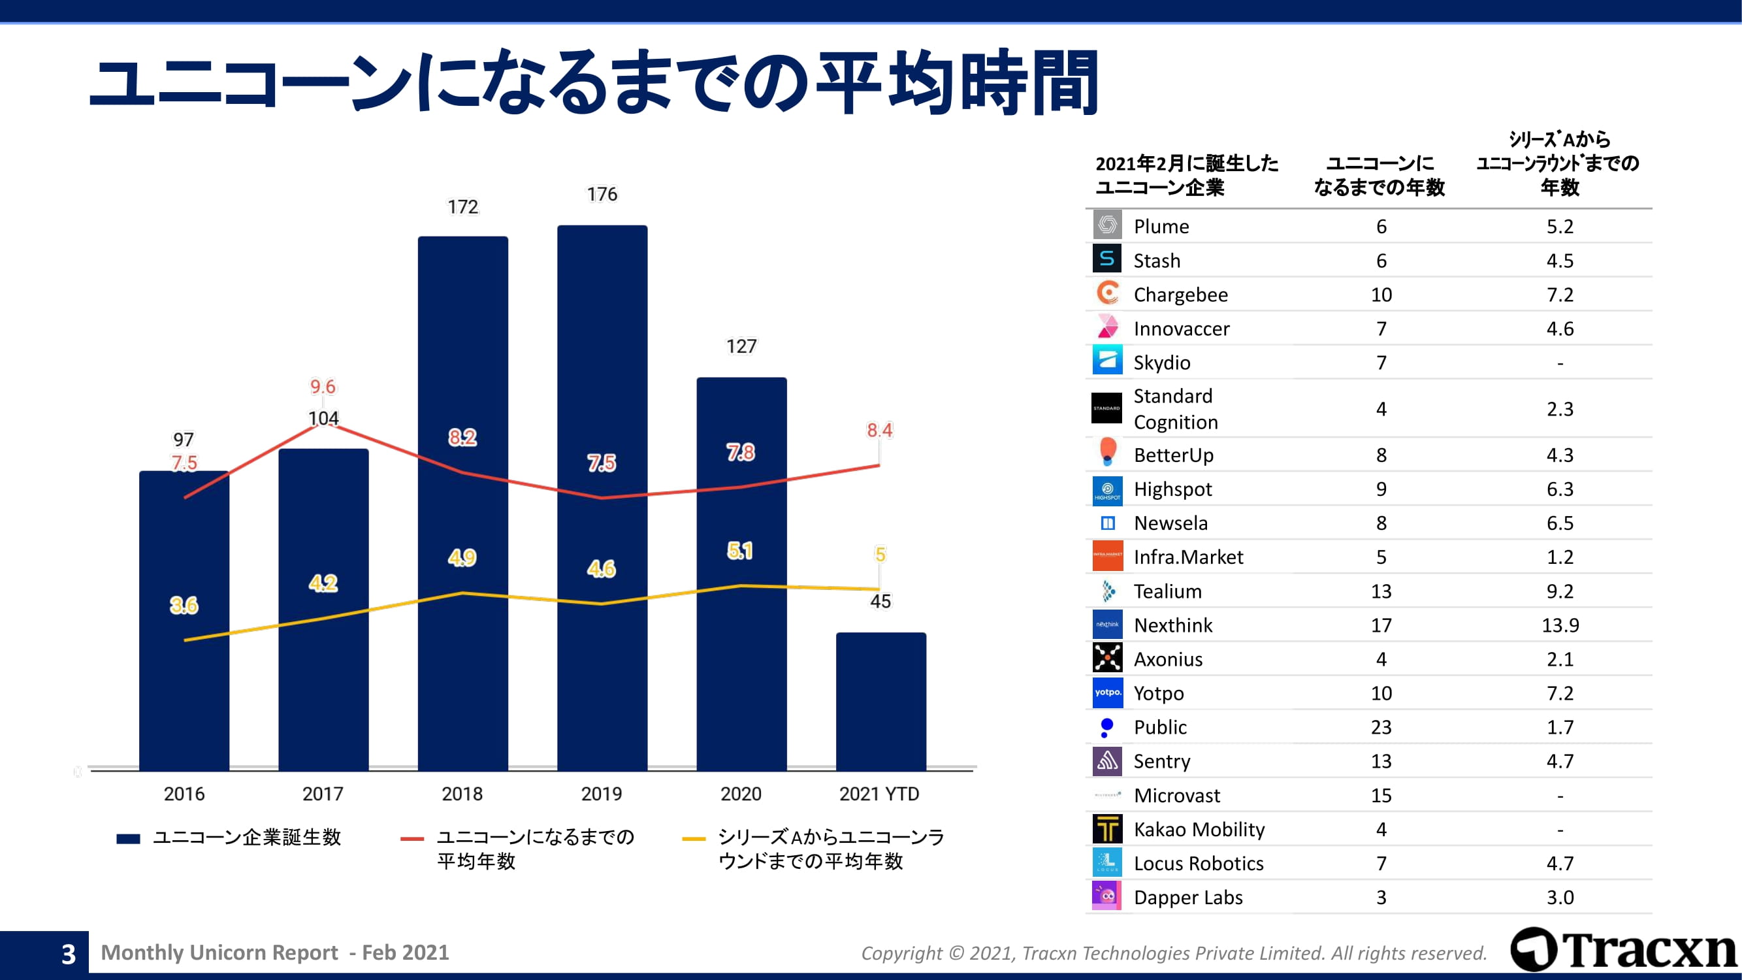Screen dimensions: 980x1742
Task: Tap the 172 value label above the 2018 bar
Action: (462, 207)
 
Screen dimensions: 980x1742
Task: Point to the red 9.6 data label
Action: (323, 387)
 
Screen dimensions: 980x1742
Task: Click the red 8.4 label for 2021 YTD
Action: (879, 430)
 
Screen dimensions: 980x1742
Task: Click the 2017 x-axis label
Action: (323, 793)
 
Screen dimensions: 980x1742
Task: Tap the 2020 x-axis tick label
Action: (741, 793)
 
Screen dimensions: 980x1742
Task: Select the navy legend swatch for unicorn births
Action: (128, 839)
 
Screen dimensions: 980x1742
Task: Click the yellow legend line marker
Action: (694, 839)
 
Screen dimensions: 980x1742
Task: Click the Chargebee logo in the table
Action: (1107, 293)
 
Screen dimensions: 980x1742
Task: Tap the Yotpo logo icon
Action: (1107, 693)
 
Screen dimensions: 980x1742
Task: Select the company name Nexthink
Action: (1172, 625)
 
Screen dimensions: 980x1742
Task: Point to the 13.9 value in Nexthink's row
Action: (1559, 625)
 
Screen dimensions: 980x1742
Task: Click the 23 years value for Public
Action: (1381, 727)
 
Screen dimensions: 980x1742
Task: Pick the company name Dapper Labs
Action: (1187, 898)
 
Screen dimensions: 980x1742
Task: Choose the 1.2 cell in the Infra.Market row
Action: (1559, 557)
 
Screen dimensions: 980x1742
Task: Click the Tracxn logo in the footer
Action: (1623, 949)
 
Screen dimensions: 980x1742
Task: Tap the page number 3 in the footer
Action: (69, 955)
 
